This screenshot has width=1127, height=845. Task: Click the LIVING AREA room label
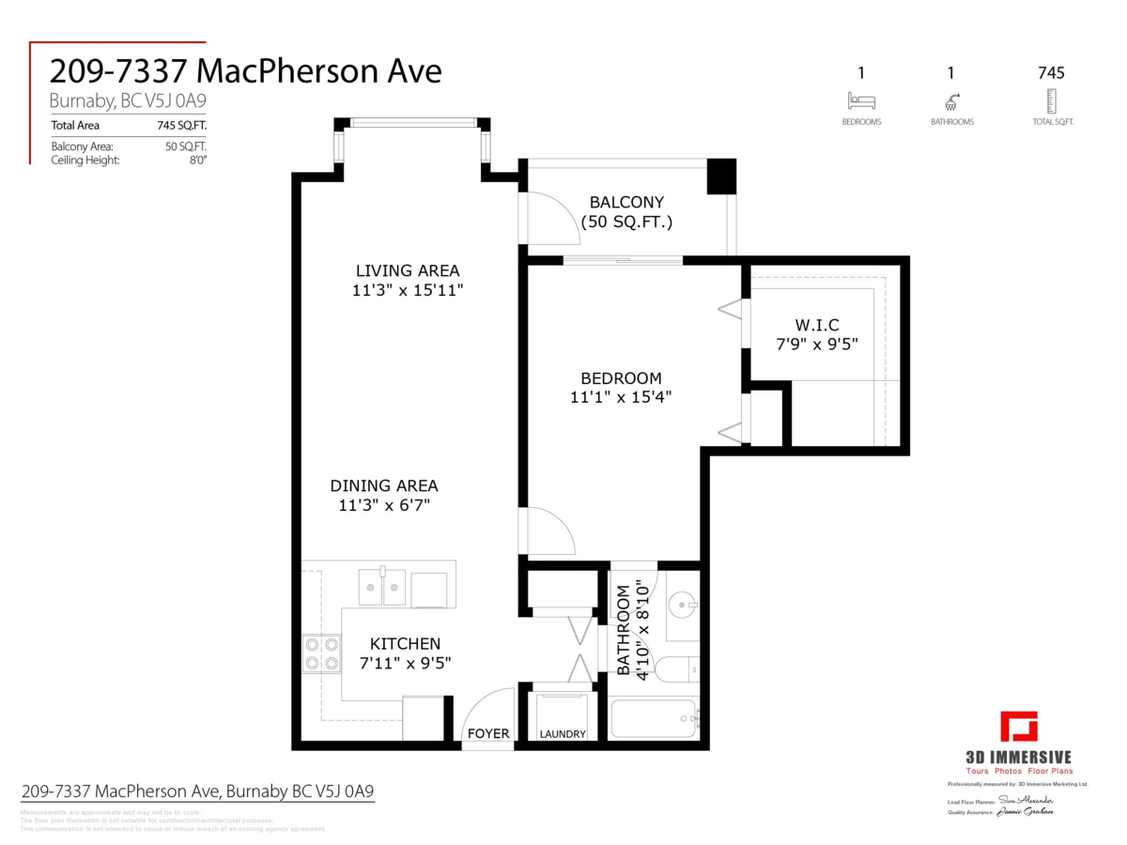click(407, 270)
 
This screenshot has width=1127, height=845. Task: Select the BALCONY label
click(626, 202)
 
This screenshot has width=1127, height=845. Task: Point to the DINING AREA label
click(383, 485)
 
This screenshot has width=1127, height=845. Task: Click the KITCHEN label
click(405, 644)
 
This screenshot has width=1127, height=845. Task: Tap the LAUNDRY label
click(563, 734)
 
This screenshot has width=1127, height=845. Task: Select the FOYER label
click(488, 734)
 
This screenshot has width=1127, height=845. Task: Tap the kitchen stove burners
click(321, 653)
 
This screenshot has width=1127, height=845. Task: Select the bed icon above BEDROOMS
click(860, 100)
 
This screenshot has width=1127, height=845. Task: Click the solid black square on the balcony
click(721, 176)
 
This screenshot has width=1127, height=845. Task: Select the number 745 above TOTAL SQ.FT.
click(1051, 72)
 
